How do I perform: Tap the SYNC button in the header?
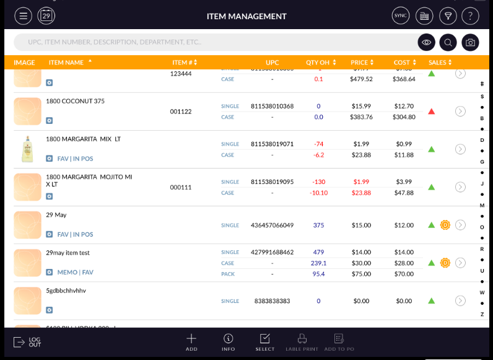[401, 16]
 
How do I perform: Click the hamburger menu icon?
[24, 16]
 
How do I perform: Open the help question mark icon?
[471, 16]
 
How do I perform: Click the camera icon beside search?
[471, 42]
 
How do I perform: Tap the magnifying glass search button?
[448, 42]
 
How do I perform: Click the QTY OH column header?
[321, 63]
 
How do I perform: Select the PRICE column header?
[362, 63]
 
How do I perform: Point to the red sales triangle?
[432, 112]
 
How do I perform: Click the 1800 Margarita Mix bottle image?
[27, 149]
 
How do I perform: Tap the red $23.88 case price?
[361, 193]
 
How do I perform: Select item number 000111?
[181, 187]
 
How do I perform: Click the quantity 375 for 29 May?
[318, 225]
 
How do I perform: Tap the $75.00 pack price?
[361, 274]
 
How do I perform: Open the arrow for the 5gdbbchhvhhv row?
[460, 301]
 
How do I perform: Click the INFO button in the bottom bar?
[229, 342]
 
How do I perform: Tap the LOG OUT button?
[28, 342]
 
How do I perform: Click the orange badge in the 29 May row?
[445, 225]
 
